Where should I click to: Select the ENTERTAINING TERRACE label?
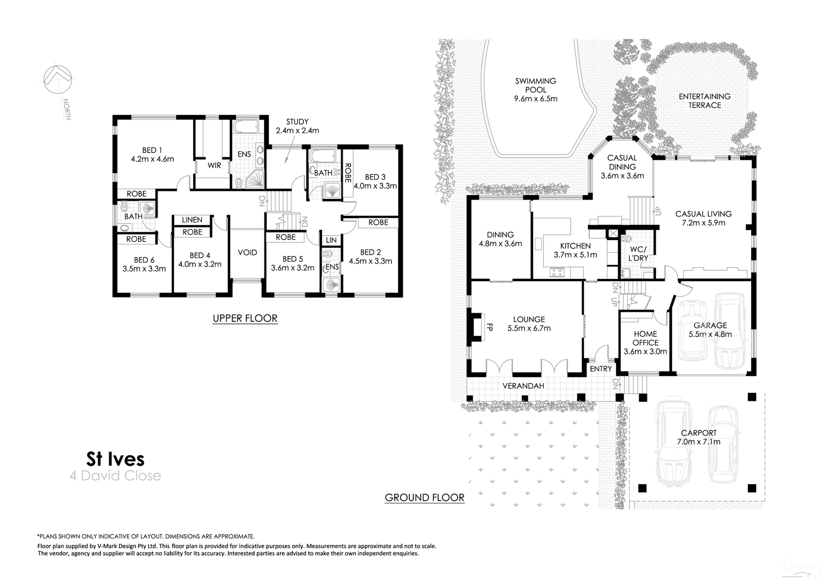(704, 101)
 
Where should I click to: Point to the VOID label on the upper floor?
(247, 253)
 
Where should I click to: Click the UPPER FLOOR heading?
(245, 318)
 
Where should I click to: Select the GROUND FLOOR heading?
(425, 498)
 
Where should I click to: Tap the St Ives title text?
(115, 458)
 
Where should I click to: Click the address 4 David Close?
(115, 476)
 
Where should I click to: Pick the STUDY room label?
(297, 122)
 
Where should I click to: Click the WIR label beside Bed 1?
(214, 165)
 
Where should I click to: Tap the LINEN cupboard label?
(192, 220)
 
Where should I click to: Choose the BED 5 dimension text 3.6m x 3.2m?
(292, 268)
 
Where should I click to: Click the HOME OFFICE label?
(645, 338)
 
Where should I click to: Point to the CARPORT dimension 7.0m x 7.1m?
(698, 442)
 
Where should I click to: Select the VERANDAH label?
(523, 386)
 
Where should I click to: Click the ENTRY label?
(600, 369)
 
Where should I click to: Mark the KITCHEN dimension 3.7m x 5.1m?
(575, 255)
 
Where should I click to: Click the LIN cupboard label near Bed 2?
(331, 240)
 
